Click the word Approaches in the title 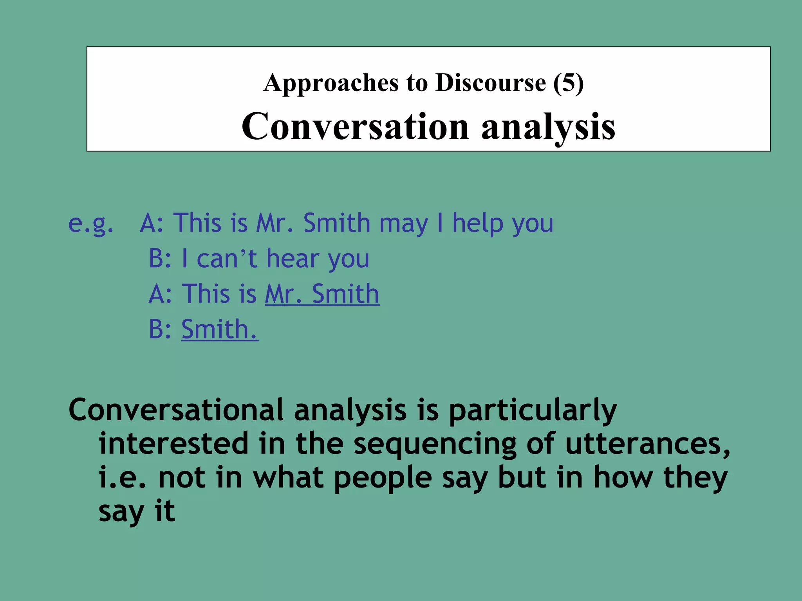[x=331, y=83]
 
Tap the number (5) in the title [x=568, y=83]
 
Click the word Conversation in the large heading [x=355, y=126]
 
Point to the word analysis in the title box [x=548, y=126]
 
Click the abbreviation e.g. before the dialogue [x=91, y=224]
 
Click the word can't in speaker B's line [x=227, y=259]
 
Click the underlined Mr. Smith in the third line [x=322, y=294]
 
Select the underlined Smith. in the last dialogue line [x=219, y=329]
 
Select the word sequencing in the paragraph [x=435, y=444]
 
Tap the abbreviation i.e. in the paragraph [x=123, y=478]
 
